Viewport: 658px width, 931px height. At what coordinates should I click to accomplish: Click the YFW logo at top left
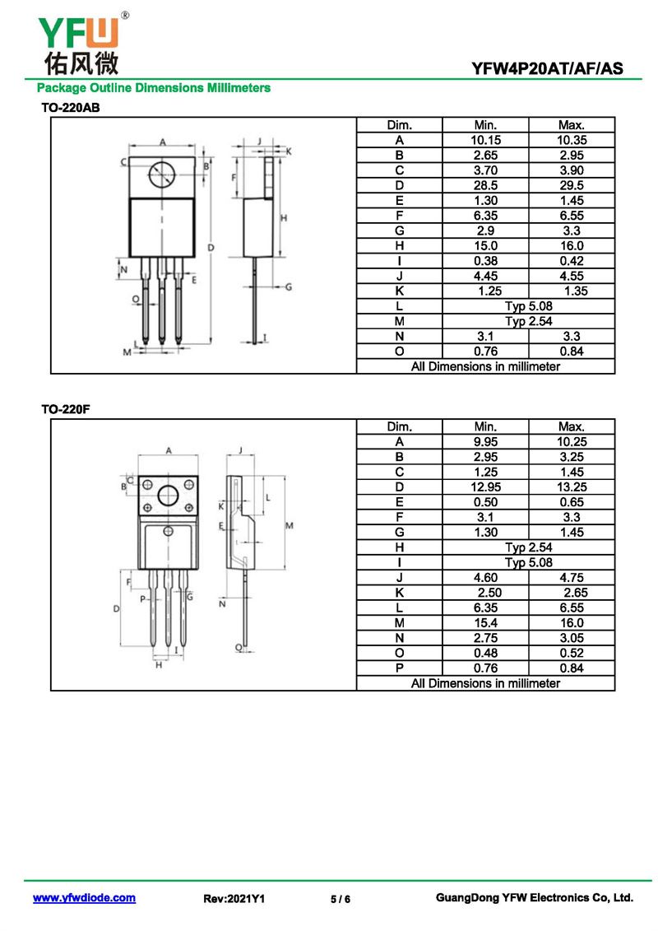(79, 41)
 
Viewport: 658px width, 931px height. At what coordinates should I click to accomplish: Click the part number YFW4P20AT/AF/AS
(547, 69)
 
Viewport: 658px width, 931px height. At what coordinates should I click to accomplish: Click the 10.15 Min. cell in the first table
(485, 140)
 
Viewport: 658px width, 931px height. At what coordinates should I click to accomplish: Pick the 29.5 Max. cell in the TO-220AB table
(571, 185)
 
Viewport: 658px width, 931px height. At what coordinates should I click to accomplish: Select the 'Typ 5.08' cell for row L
(528, 306)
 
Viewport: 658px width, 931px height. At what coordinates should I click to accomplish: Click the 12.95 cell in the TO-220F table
(485, 487)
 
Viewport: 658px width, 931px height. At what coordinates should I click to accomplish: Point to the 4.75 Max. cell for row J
(571, 578)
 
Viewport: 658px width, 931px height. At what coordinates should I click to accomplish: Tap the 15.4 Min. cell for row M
(485, 623)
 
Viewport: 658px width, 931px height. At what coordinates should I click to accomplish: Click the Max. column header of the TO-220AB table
(571, 125)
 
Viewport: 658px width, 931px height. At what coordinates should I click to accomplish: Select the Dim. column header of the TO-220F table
(399, 426)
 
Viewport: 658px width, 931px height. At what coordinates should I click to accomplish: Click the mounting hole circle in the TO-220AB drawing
(162, 174)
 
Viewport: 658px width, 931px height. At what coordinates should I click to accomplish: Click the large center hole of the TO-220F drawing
(169, 496)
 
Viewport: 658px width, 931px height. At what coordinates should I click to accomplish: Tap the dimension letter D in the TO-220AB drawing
(211, 247)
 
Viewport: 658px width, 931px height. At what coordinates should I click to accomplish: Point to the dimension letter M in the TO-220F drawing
(290, 525)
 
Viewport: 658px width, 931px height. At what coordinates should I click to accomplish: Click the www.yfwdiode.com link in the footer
(84, 898)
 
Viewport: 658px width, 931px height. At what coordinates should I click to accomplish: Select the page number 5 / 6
(341, 899)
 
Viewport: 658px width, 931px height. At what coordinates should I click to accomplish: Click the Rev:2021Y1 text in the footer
(234, 899)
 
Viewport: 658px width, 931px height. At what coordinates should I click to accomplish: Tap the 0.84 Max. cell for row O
(571, 351)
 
